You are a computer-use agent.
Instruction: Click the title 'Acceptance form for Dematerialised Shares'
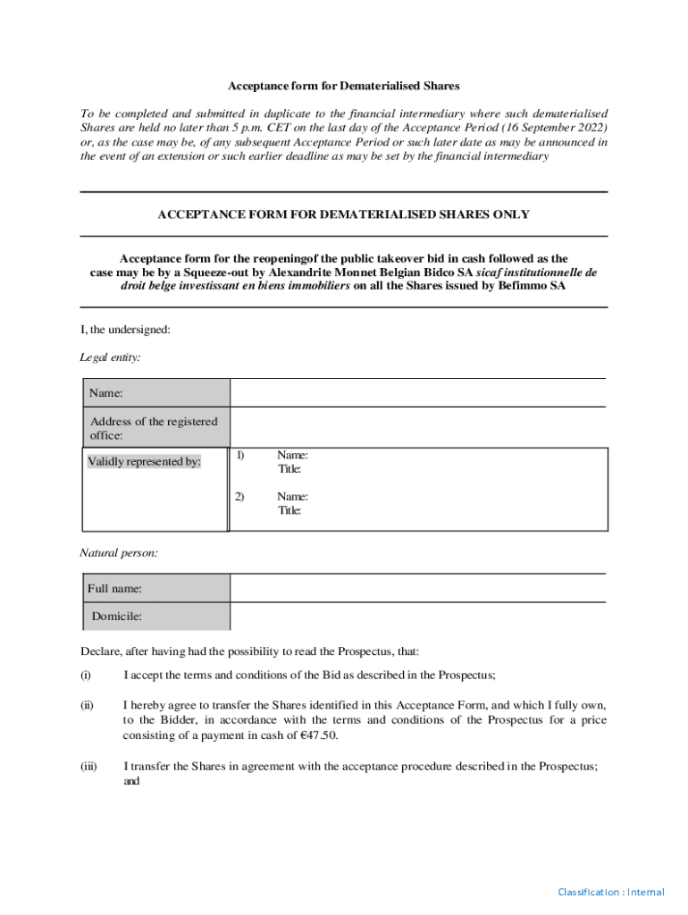click(343, 86)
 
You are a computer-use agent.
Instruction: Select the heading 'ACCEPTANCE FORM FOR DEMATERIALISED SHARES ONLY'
click(343, 214)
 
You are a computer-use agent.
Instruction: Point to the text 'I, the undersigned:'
click(125, 330)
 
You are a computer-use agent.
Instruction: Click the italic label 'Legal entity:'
click(110, 357)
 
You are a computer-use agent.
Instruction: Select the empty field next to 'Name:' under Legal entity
click(418, 393)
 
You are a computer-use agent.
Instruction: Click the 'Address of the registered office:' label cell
click(155, 428)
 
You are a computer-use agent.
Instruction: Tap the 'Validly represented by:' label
click(144, 462)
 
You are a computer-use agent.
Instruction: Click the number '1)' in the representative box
click(240, 456)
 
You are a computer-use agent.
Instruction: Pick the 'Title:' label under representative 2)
click(289, 511)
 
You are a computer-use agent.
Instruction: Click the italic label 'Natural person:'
click(119, 553)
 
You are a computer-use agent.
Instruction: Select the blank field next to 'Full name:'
click(418, 588)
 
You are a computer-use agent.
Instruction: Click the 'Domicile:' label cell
click(116, 616)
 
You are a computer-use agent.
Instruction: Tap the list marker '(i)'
click(86, 675)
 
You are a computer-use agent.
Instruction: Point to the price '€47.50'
click(319, 735)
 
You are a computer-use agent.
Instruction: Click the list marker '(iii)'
click(88, 766)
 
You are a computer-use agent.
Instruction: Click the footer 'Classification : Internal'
click(611, 892)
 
